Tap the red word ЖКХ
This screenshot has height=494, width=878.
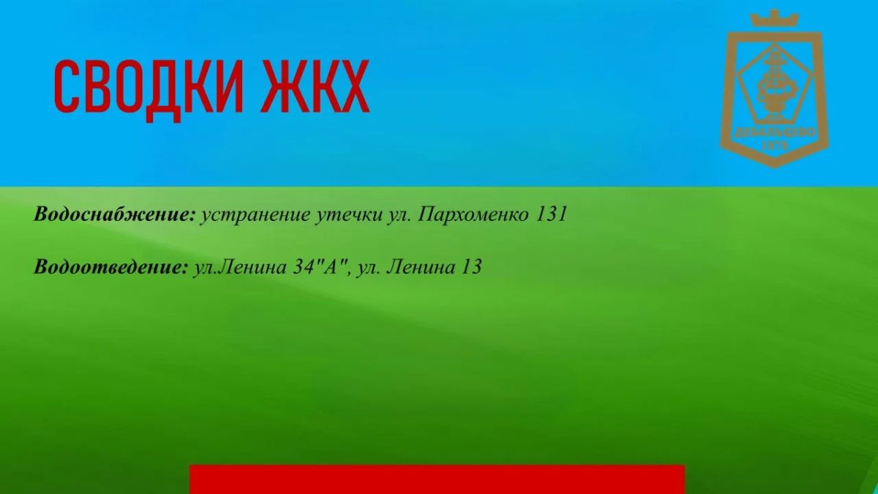(316, 86)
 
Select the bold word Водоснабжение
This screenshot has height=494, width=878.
(114, 214)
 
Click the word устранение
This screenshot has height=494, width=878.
(255, 215)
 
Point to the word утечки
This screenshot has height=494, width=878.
(348, 215)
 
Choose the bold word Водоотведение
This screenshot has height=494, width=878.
(111, 267)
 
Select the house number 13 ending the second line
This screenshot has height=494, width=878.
(471, 267)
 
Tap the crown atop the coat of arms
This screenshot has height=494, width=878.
(774, 18)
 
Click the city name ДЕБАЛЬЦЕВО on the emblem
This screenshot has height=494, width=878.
(775, 133)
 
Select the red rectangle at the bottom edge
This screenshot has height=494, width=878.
(437, 479)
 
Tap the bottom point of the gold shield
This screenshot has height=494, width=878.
(774, 168)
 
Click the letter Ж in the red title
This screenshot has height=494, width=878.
(282, 86)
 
